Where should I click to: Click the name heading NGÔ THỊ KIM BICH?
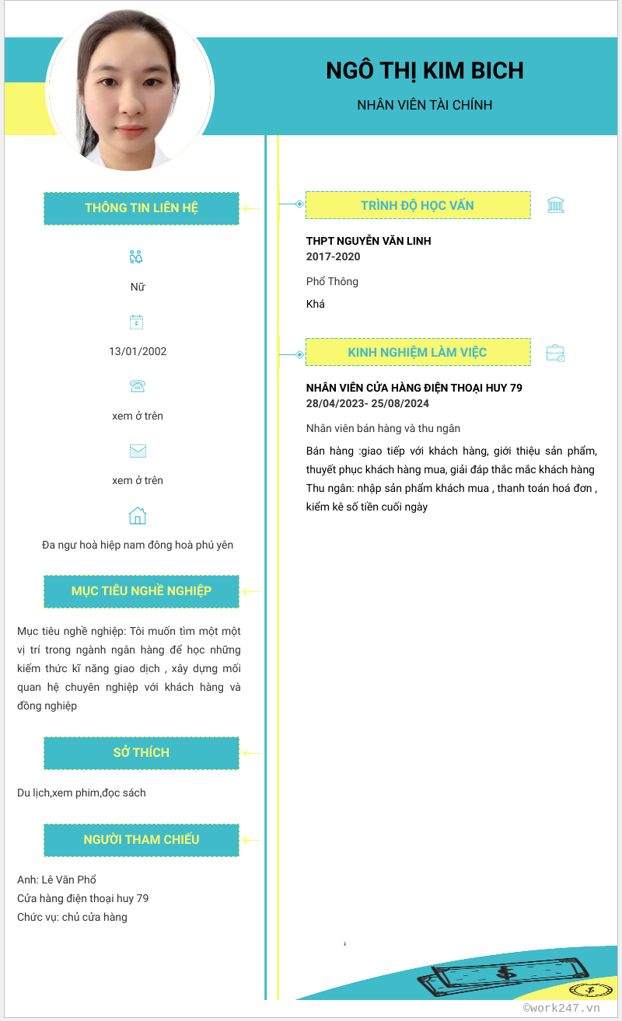pyautogui.click(x=425, y=71)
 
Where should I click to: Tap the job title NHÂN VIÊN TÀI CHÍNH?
pyautogui.click(x=425, y=105)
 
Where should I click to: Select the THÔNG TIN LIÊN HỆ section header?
pyautogui.click(x=142, y=208)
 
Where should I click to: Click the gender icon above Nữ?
pyautogui.click(x=137, y=257)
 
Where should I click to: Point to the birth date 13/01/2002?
pyautogui.click(x=138, y=351)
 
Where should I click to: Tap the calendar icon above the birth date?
pyautogui.click(x=137, y=322)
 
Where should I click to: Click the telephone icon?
pyautogui.click(x=138, y=386)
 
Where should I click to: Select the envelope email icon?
pyautogui.click(x=138, y=451)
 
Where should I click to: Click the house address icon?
pyautogui.click(x=138, y=515)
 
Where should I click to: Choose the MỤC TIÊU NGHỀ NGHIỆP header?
pyautogui.click(x=142, y=591)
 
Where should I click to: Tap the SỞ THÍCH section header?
pyautogui.click(x=142, y=753)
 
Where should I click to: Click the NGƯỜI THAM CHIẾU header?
pyautogui.click(x=142, y=840)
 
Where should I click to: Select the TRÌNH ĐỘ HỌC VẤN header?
pyautogui.click(x=418, y=205)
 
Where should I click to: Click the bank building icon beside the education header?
pyautogui.click(x=555, y=205)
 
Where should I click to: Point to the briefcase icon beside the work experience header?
pyautogui.click(x=555, y=353)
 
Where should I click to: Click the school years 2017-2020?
pyautogui.click(x=334, y=257)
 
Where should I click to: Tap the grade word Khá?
pyautogui.click(x=316, y=304)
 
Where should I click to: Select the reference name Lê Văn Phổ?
pyautogui.click(x=68, y=880)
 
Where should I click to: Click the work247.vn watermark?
pyautogui.click(x=561, y=1008)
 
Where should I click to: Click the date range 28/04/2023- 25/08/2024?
pyautogui.click(x=368, y=404)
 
